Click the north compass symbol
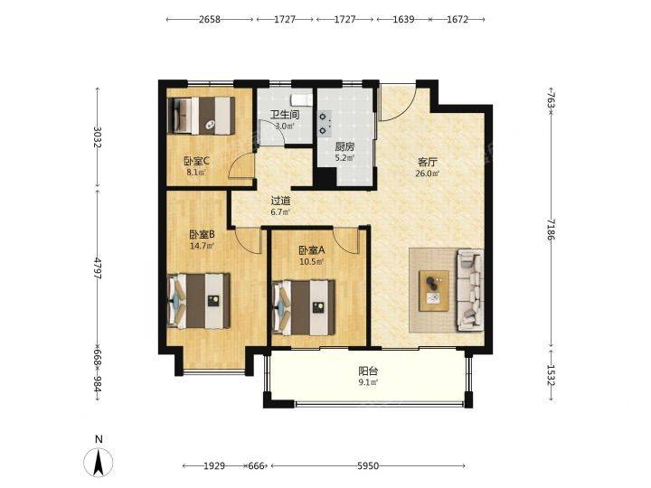(x=99, y=462)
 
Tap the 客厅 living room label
(x=428, y=163)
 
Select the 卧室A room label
(x=311, y=250)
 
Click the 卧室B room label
(x=202, y=235)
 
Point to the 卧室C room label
(x=197, y=161)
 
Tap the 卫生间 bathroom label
(x=285, y=115)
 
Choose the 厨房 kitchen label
(x=345, y=146)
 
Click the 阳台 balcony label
(x=368, y=371)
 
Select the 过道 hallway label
(x=280, y=202)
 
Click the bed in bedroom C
(x=201, y=116)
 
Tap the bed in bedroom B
(x=198, y=301)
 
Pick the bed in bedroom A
(x=304, y=307)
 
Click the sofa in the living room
(x=470, y=290)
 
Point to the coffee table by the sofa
(x=434, y=290)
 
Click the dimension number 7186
(x=551, y=230)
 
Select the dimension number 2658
(x=209, y=20)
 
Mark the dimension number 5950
(x=368, y=466)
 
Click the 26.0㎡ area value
(x=428, y=174)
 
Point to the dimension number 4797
(x=97, y=268)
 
